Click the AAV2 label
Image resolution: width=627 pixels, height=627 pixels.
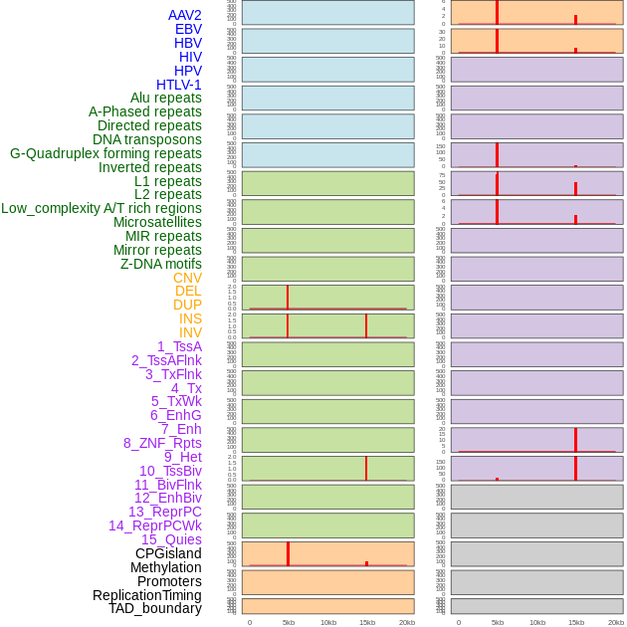[185, 15]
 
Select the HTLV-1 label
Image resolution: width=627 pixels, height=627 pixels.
[179, 85]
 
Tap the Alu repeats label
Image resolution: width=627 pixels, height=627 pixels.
[166, 98]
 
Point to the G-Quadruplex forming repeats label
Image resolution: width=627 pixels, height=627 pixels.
[105, 153]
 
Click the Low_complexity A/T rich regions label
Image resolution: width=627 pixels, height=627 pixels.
[102, 208]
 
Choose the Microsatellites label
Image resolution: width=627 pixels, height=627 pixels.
[157, 222]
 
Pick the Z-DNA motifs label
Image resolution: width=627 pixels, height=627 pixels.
[161, 264]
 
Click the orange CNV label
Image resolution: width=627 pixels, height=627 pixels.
[187, 278]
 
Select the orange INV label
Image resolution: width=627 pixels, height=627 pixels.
[190, 332]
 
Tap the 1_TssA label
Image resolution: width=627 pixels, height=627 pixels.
[179, 346]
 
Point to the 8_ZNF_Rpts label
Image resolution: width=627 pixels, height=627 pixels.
[162, 443]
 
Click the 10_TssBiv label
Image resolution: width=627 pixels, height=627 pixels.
[170, 471]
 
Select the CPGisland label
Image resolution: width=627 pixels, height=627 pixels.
[168, 553]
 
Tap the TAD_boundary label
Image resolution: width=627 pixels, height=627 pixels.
[155, 608]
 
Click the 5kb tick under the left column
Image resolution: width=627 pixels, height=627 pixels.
[289, 622]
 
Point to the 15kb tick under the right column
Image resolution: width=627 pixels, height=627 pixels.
[576, 622]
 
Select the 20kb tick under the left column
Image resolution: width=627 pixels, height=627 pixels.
[407, 622]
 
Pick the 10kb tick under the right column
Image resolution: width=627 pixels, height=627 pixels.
[537, 622]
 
